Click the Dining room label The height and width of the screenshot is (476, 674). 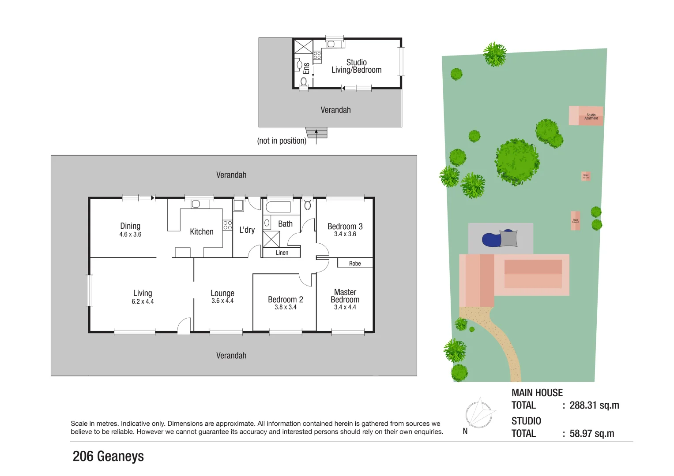tap(130, 226)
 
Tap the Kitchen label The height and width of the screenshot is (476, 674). tap(202, 232)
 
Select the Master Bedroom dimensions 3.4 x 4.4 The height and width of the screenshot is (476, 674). tap(345, 307)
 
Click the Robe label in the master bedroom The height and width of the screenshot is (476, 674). tap(355, 264)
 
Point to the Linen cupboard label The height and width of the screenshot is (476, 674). tap(282, 253)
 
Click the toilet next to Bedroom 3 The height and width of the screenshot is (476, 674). tap(308, 205)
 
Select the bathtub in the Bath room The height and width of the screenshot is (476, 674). tap(278, 207)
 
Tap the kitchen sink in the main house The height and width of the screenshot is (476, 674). tap(196, 204)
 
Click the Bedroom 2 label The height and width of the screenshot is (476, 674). tap(285, 300)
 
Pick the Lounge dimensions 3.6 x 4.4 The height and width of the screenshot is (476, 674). tap(222, 301)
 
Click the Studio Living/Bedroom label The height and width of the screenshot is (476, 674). tap(356, 66)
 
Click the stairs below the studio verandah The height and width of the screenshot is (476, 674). tap(316, 133)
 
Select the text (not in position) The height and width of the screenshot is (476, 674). tap(282, 141)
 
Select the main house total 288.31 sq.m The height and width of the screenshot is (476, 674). tap(594, 405)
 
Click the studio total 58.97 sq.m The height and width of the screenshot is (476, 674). tap(591, 434)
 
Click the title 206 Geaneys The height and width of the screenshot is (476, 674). tap(108, 456)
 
